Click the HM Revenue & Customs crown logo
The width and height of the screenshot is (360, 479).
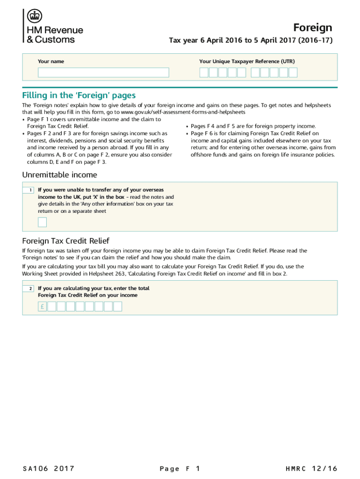tap(33, 17)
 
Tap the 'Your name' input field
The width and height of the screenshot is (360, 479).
tap(103, 73)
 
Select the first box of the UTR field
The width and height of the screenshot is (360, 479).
tap(204, 73)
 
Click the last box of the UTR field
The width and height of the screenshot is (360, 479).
tap(293, 73)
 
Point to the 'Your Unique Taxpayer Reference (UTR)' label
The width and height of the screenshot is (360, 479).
tap(247, 61)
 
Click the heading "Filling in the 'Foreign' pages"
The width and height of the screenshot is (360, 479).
tap(79, 96)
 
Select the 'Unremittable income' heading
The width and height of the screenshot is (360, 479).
tap(60, 175)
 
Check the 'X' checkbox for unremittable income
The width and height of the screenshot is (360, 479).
tap(42, 222)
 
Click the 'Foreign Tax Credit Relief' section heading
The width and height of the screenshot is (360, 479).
tap(65, 241)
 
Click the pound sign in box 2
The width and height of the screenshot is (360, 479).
tap(42, 307)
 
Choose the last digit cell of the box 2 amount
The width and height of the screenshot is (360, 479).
tap(117, 307)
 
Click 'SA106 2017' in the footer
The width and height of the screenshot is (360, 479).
tap(48, 468)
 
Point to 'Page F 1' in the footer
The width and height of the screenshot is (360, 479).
tap(180, 468)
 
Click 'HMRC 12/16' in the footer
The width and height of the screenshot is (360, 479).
tap(311, 468)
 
